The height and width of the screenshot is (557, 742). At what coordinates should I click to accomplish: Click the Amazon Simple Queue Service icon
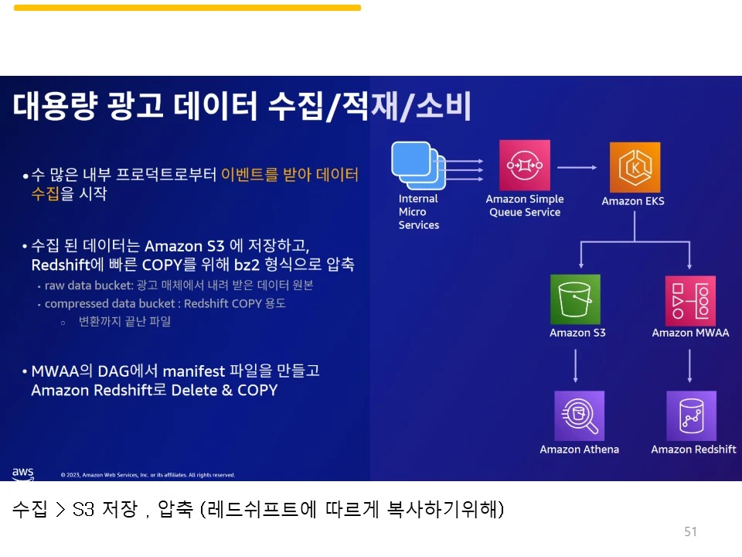[525, 165]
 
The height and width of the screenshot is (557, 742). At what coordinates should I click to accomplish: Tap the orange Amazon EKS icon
[635, 167]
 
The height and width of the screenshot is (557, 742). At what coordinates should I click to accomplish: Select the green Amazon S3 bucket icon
[575, 299]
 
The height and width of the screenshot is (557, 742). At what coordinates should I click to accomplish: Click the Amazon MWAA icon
[690, 300]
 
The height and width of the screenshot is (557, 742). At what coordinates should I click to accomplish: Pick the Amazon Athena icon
[579, 415]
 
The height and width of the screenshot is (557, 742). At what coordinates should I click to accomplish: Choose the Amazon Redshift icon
[691, 415]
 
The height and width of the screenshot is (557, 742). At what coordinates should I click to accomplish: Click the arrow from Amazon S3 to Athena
[576, 365]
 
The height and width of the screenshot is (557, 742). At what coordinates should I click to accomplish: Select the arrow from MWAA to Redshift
[690, 365]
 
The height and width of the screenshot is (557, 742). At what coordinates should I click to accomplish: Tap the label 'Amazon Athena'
[579, 449]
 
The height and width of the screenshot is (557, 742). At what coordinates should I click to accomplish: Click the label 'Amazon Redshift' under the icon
[693, 449]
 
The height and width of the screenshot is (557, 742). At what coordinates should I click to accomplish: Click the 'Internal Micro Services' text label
[418, 212]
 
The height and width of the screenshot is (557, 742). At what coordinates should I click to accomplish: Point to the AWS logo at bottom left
[23, 472]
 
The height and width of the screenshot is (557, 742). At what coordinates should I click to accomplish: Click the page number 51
[690, 531]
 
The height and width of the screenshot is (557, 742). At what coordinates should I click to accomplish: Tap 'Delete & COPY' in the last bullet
[224, 391]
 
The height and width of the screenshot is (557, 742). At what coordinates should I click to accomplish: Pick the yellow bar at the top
[187, 8]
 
